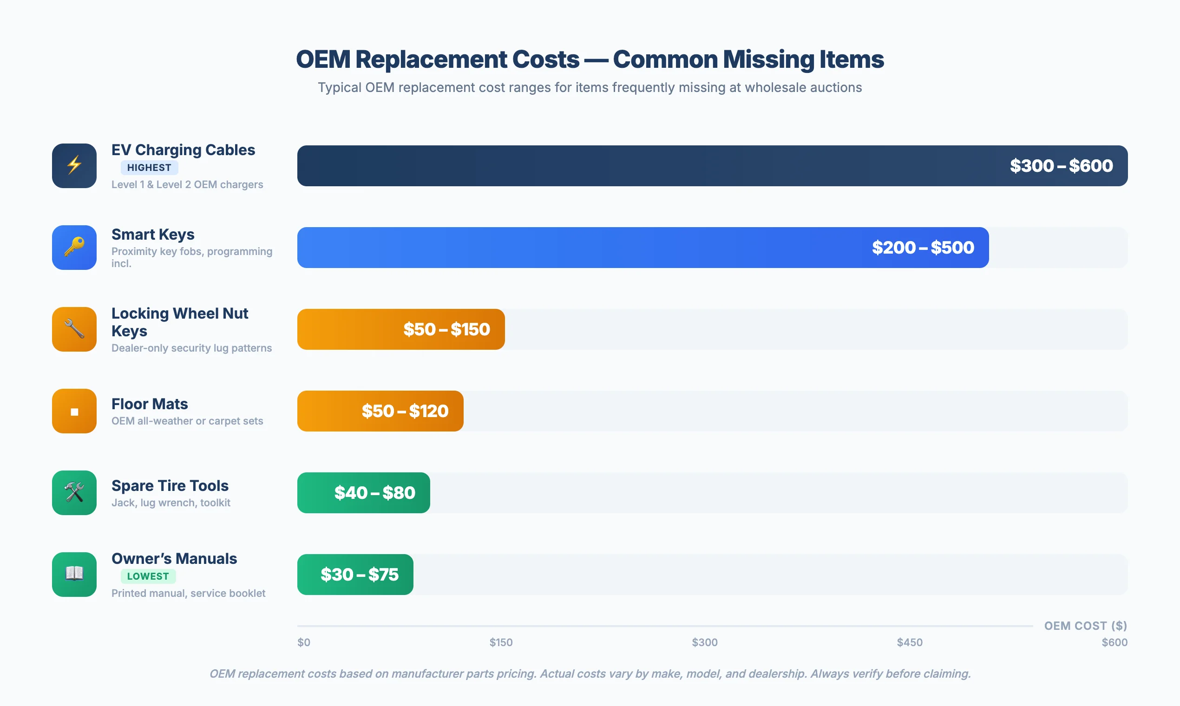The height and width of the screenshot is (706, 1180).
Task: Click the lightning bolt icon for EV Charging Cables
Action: point(74,165)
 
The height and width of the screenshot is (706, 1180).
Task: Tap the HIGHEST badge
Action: point(149,168)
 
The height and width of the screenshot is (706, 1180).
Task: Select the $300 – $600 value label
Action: point(1061,165)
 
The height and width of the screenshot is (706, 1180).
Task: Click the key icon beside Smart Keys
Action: point(74,248)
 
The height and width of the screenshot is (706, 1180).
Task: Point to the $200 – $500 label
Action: point(923,248)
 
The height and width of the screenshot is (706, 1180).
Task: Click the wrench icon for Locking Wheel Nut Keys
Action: point(74,329)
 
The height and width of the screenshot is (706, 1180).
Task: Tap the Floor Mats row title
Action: point(150,404)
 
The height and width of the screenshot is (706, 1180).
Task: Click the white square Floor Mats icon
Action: point(74,412)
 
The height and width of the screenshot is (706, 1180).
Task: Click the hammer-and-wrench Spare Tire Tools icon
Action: point(74,493)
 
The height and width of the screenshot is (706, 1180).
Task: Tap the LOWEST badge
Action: point(148,576)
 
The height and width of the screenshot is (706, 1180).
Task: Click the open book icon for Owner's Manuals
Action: point(74,574)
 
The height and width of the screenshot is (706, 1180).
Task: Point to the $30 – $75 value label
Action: point(359,575)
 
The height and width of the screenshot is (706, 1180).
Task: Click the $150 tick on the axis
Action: point(501,642)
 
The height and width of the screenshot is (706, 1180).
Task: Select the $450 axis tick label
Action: point(909,642)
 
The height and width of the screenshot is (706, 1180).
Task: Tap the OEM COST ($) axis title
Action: point(1085,626)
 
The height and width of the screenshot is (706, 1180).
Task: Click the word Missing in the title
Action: point(768,60)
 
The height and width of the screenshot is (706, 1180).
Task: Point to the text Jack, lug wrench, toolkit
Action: point(170,503)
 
